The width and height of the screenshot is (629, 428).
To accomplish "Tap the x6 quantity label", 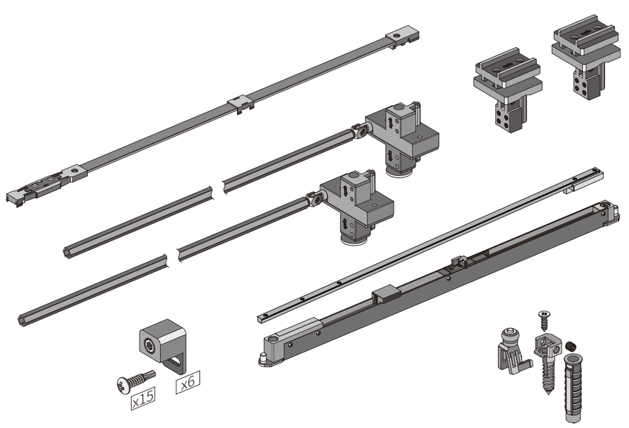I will (x=188, y=384).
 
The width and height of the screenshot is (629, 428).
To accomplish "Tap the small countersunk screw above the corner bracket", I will (x=544, y=319).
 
